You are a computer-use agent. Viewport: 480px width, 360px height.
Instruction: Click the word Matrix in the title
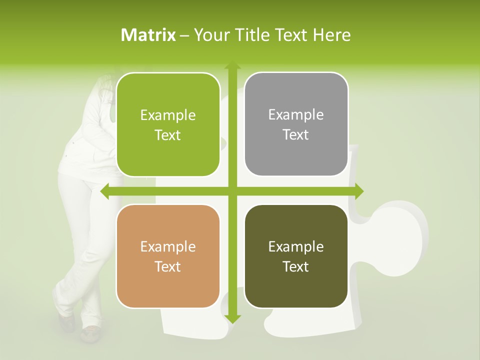click(148, 35)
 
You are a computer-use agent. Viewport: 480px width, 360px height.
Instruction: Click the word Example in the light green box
click(168, 115)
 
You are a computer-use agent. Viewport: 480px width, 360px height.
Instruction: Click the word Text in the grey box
click(296, 135)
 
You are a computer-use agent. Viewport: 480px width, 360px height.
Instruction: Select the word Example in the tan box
click(168, 247)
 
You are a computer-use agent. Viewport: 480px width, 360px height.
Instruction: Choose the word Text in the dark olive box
click(296, 267)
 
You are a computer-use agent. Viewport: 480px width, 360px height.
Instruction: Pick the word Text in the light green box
click(168, 135)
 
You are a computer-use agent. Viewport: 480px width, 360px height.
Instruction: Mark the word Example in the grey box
click(296, 115)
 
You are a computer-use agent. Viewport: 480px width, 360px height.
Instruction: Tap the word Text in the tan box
click(168, 267)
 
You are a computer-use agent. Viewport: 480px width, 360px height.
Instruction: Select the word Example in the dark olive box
click(296, 247)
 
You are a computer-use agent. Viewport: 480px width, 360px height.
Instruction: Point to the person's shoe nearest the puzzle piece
click(90, 333)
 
